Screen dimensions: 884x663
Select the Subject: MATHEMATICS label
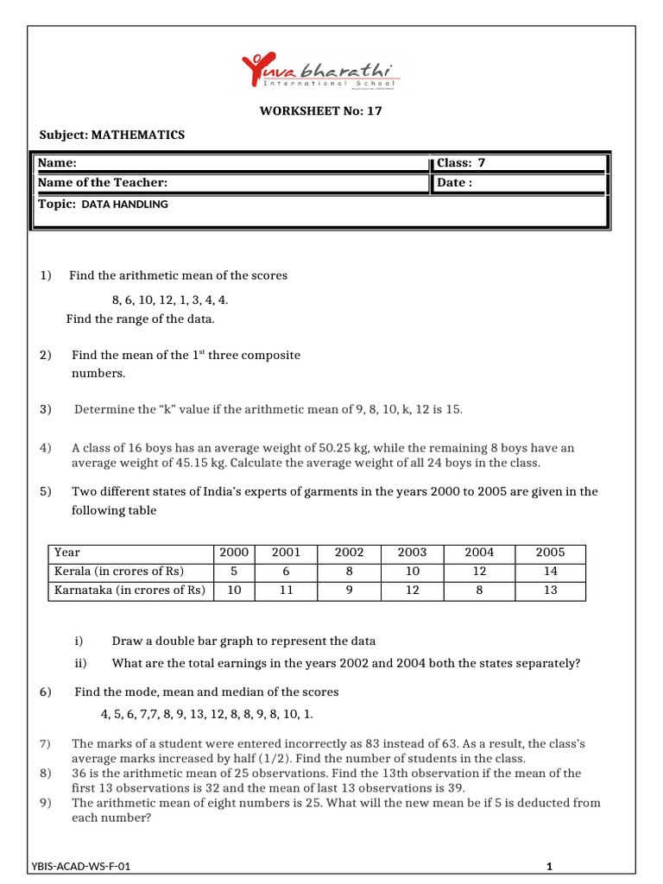tap(112, 135)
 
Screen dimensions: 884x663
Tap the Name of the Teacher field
tap(103, 183)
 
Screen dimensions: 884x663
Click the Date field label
tap(454, 183)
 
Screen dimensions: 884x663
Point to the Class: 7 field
tap(467, 163)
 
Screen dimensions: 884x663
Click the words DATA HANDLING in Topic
tap(124, 205)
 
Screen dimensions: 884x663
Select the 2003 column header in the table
tap(412, 552)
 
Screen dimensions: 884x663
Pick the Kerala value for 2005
tap(550, 571)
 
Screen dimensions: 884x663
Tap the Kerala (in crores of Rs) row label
tap(119, 571)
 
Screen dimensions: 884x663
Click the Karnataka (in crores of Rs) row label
tap(129, 590)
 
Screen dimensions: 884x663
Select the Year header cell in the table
tap(66, 552)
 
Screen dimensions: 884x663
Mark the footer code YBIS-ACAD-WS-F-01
tap(81, 866)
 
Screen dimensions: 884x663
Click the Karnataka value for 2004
tap(480, 590)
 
